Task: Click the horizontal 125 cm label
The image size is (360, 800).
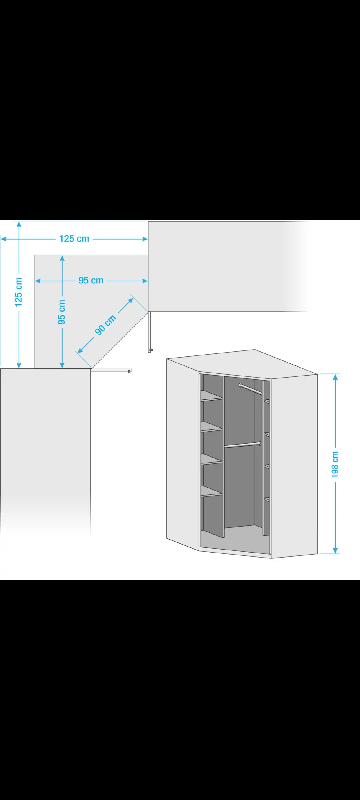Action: (74, 239)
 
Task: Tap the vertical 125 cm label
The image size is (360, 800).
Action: (18, 292)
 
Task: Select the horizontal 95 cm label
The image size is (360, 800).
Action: (91, 281)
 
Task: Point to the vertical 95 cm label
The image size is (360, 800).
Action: (61, 312)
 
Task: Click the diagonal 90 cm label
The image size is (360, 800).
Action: (106, 325)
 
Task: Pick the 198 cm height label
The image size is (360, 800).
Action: (335, 465)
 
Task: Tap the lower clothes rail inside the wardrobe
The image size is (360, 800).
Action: (242, 445)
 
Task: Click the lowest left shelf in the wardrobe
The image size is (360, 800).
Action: (212, 492)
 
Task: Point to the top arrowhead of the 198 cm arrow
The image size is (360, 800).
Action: (335, 377)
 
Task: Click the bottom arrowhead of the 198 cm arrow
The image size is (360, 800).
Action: (335, 550)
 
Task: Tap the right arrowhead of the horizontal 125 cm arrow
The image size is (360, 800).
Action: (144, 239)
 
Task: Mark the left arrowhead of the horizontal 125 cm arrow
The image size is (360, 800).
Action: (4, 239)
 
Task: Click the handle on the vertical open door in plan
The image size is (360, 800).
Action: (151, 350)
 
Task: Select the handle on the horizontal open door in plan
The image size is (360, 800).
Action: (129, 371)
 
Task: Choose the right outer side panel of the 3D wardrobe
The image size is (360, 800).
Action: (294, 466)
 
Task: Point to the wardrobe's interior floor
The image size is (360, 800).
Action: (235, 539)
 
